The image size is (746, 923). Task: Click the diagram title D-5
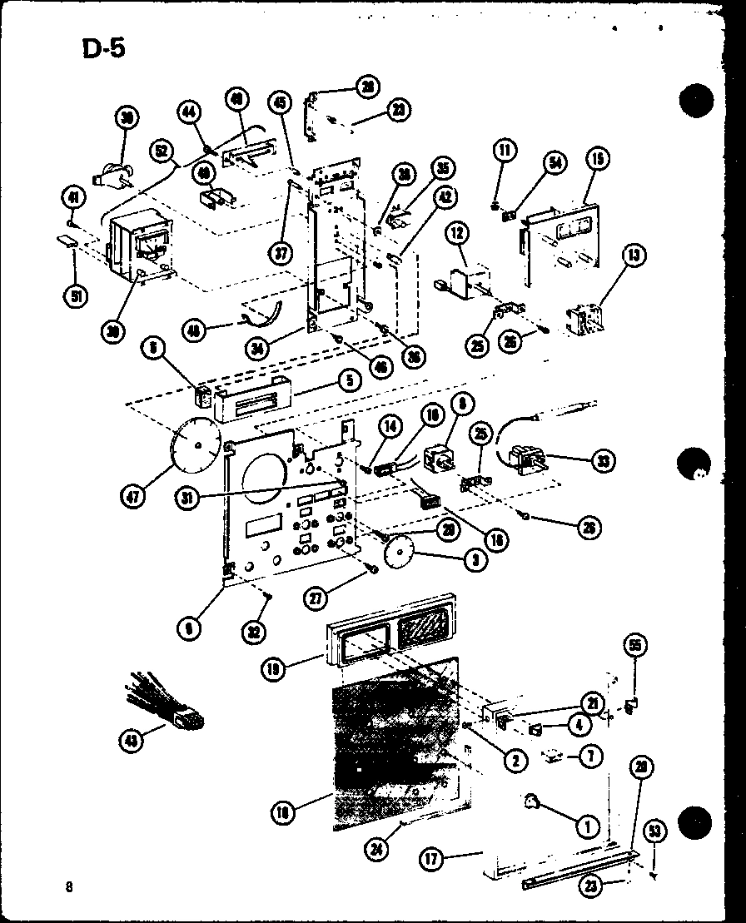pos(103,48)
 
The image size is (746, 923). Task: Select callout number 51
pos(76,296)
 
